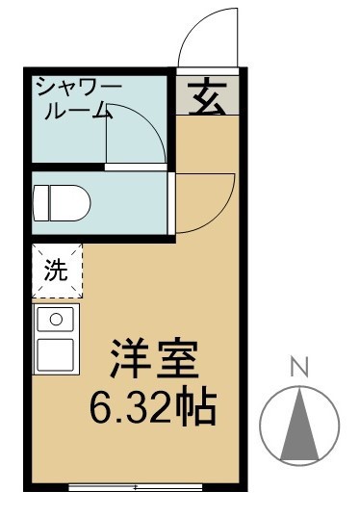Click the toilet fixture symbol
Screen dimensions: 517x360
pos(64,203)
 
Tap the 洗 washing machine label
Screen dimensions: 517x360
pos(57,271)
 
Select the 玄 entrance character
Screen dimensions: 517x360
pos(205,98)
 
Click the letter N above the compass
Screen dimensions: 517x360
pos(299,366)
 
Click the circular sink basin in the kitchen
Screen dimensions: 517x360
pos(56,318)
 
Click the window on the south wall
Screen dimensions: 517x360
pos(135,487)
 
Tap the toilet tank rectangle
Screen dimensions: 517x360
pos(40,203)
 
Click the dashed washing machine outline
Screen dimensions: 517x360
pos(57,271)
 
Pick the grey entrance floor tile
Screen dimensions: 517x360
pos(205,95)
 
